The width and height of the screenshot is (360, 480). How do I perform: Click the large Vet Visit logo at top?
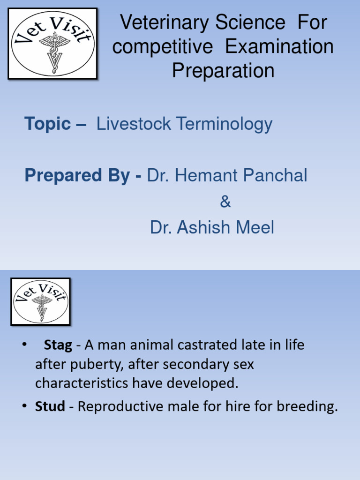(52, 43)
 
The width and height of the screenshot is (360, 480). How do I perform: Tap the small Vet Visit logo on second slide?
(41, 301)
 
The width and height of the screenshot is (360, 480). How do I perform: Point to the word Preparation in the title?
(223, 71)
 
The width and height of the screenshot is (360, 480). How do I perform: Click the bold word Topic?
(47, 124)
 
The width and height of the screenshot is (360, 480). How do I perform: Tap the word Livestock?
(134, 124)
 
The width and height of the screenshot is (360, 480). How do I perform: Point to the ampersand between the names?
(225, 202)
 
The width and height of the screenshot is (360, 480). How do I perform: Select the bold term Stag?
(58, 345)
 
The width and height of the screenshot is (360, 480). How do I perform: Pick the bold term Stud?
(50, 406)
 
